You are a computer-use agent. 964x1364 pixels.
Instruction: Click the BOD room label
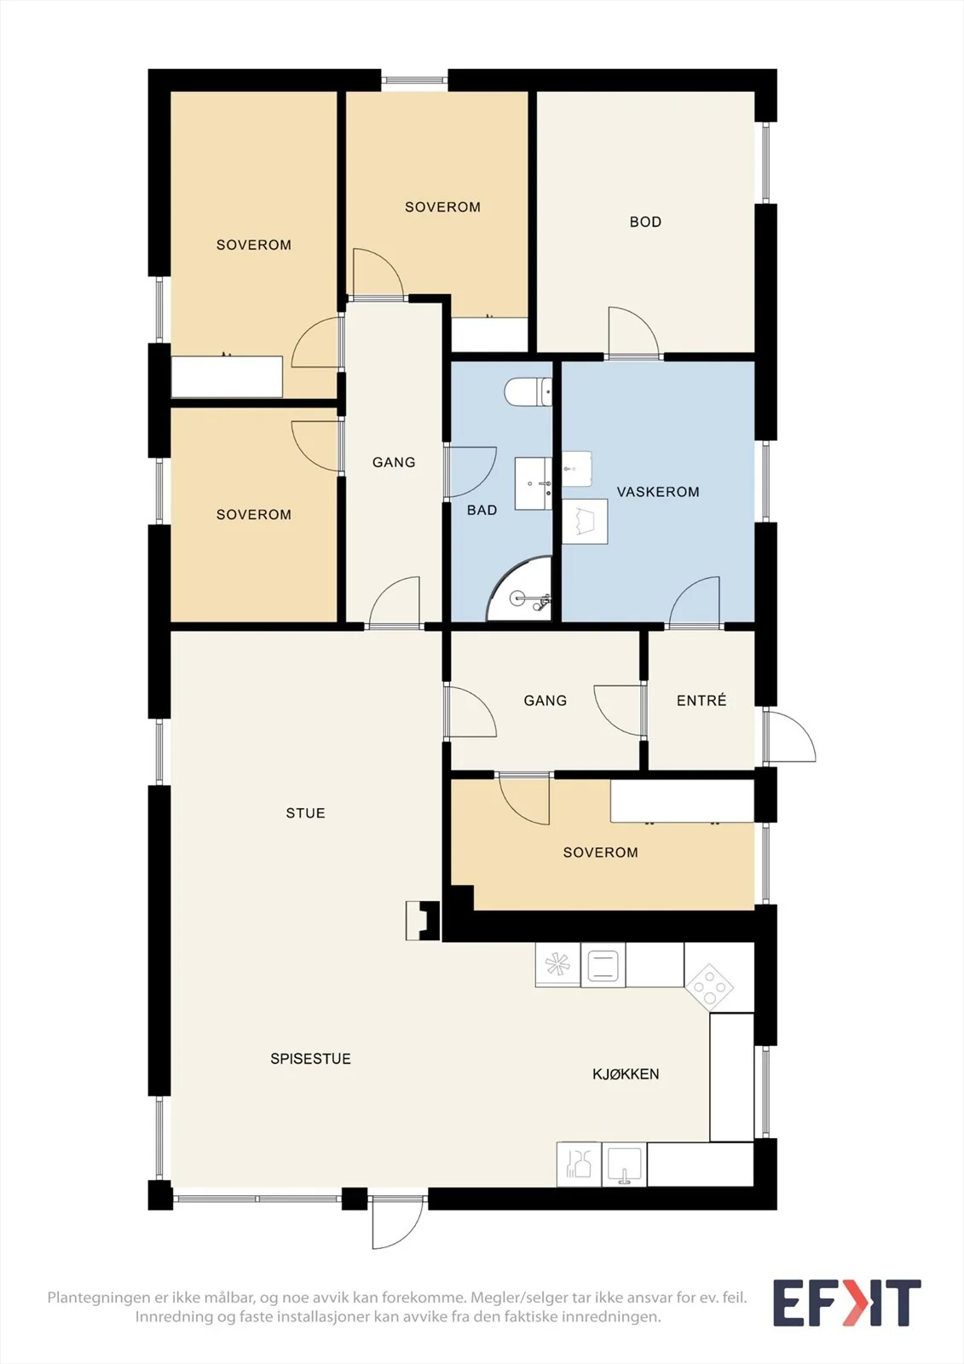tap(645, 223)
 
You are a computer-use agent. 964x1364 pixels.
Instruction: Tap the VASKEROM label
tap(658, 492)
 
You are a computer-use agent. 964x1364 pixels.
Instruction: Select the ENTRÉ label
tap(701, 700)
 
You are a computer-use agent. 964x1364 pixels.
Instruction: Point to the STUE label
tap(306, 813)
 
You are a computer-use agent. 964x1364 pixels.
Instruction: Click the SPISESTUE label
tap(310, 1059)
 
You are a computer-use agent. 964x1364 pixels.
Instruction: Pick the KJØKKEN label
tap(626, 1074)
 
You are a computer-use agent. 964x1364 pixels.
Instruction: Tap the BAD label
tap(482, 511)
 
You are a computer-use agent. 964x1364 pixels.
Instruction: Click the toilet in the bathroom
tap(528, 391)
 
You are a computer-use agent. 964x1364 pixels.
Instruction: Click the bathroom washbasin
tap(534, 483)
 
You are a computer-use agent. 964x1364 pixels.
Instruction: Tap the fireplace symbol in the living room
tap(423, 921)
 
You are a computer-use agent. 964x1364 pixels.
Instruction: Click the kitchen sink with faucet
tap(624, 1165)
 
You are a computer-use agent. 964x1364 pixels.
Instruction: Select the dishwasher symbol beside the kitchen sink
tap(579, 1165)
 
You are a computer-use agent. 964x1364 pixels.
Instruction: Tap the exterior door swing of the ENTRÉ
tap(790, 735)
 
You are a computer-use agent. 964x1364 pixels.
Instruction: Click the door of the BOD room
tap(633, 332)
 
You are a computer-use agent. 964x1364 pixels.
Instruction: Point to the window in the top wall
tap(414, 80)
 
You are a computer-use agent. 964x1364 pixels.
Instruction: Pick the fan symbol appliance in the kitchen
tap(557, 964)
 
